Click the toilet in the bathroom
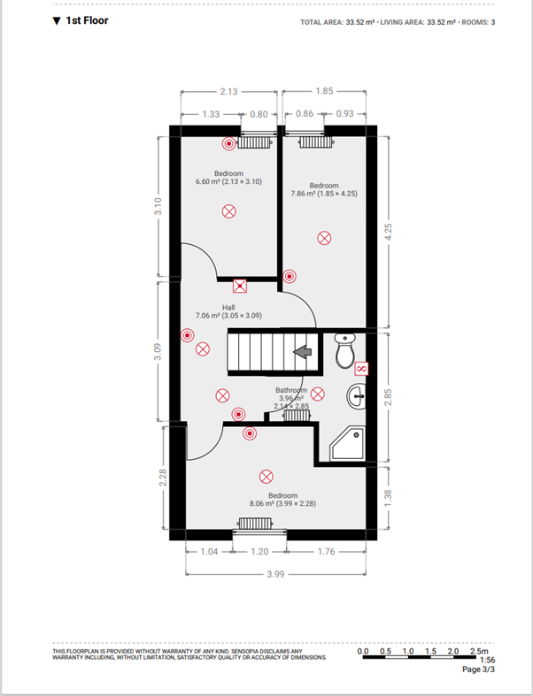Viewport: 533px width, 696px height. pos(344,351)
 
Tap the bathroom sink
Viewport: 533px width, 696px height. pos(357,396)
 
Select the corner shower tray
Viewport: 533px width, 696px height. pos(348,443)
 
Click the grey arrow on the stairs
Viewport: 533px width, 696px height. pos(302,352)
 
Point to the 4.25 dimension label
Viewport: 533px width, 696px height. pos(388,233)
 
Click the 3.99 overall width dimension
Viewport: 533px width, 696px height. pos(275,574)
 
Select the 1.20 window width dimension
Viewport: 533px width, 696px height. pos(259,551)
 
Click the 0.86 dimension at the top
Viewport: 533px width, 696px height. pos(305,113)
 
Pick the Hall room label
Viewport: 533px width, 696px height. pos(228,307)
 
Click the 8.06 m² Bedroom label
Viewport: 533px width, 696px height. pos(282,500)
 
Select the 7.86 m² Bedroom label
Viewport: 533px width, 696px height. pos(324,189)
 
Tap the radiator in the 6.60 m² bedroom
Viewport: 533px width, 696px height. pos(254,142)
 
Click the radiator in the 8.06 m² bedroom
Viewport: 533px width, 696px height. pos(255,524)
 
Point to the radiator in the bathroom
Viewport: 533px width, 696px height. pos(297,415)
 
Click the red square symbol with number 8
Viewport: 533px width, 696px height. pos(361,369)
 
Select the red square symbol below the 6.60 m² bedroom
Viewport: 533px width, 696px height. pos(240,286)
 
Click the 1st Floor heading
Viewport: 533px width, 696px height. pos(81,20)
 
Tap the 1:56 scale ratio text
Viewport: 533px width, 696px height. pos(487,660)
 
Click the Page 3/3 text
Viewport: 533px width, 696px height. pos(478,669)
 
